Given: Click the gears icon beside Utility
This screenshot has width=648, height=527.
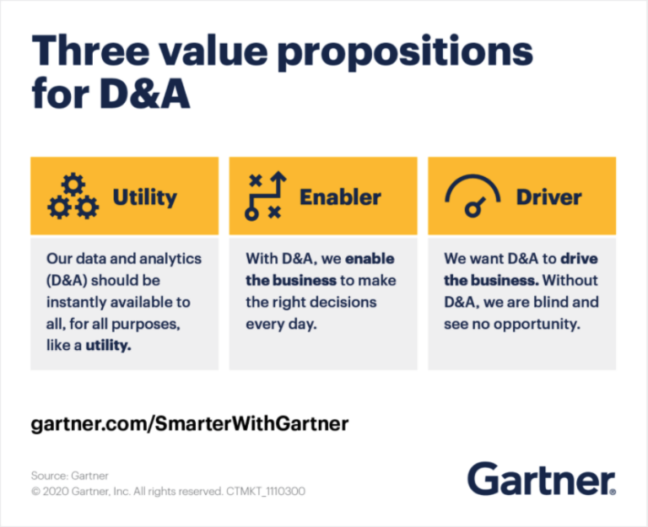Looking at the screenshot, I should click(x=73, y=196).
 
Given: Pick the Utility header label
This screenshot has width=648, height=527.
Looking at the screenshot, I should click(x=144, y=197).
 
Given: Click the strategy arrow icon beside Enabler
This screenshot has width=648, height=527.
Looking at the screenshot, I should click(x=265, y=196).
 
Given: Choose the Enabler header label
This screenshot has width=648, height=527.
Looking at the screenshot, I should click(x=340, y=197).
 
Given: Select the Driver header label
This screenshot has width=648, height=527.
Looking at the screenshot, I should click(x=548, y=197).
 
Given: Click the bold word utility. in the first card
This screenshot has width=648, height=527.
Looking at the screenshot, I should click(x=108, y=346).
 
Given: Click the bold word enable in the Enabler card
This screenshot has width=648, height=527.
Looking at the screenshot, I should click(x=370, y=258).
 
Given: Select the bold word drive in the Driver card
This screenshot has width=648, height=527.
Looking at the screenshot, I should click(x=578, y=258).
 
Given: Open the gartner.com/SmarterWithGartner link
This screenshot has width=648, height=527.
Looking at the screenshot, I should click(x=189, y=423).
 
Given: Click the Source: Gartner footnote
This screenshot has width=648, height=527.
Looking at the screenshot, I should click(x=69, y=476).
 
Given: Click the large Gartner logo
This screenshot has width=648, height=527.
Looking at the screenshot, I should click(x=542, y=479).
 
